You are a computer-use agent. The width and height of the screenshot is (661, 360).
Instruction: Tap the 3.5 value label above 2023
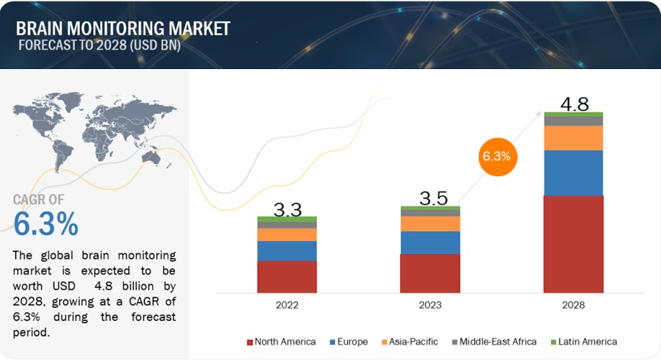click(430, 199)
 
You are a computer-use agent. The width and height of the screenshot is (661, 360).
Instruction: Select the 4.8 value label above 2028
click(574, 104)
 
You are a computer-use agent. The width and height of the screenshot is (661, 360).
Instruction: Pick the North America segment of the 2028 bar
click(574, 244)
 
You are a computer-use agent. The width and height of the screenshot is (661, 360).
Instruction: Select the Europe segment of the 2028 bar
click(574, 173)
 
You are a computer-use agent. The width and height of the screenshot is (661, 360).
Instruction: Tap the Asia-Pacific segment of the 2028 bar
click(574, 138)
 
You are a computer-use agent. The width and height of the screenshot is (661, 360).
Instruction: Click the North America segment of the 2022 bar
click(287, 276)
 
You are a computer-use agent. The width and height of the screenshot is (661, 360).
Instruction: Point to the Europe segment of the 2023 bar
click(430, 242)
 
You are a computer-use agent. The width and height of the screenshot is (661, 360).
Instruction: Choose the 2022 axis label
click(287, 304)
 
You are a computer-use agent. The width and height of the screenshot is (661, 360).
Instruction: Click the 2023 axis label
click(430, 304)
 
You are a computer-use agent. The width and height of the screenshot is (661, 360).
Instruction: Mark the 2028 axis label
click(574, 304)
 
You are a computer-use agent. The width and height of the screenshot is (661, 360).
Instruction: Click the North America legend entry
click(282, 342)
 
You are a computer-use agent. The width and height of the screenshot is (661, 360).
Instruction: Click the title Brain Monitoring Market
click(123, 28)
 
